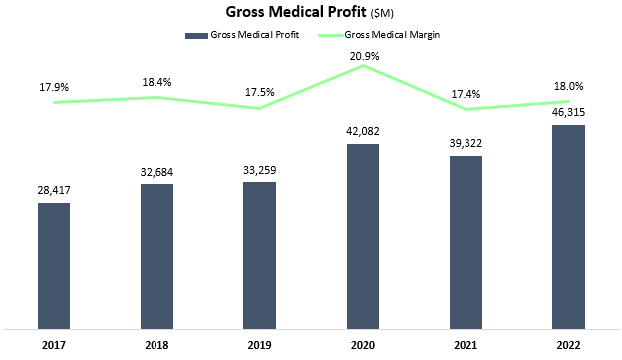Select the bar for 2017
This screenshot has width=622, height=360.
click(x=54, y=265)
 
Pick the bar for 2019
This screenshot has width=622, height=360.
click(x=259, y=255)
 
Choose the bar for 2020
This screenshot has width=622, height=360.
click(x=363, y=235)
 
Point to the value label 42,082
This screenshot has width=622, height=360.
click(x=363, y=130)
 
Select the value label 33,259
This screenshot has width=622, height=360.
click(x=259, y=169)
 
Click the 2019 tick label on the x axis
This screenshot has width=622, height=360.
click(x=259, y=345)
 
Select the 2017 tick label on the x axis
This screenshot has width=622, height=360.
click(x=54, y=345)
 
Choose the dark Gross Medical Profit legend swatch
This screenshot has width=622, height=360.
click(x=194, y=35)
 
